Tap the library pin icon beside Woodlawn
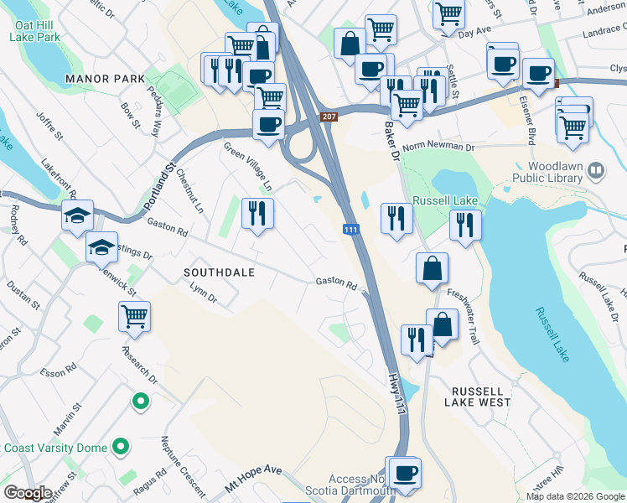coord(597,171)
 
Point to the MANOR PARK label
coord(106,79)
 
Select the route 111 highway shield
coord(352,230)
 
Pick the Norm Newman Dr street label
coord(438,147)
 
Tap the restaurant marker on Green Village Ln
coord(258,213)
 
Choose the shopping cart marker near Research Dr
coord(134,316)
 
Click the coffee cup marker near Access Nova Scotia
coord(406,472)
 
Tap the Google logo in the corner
coord(28,493)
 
